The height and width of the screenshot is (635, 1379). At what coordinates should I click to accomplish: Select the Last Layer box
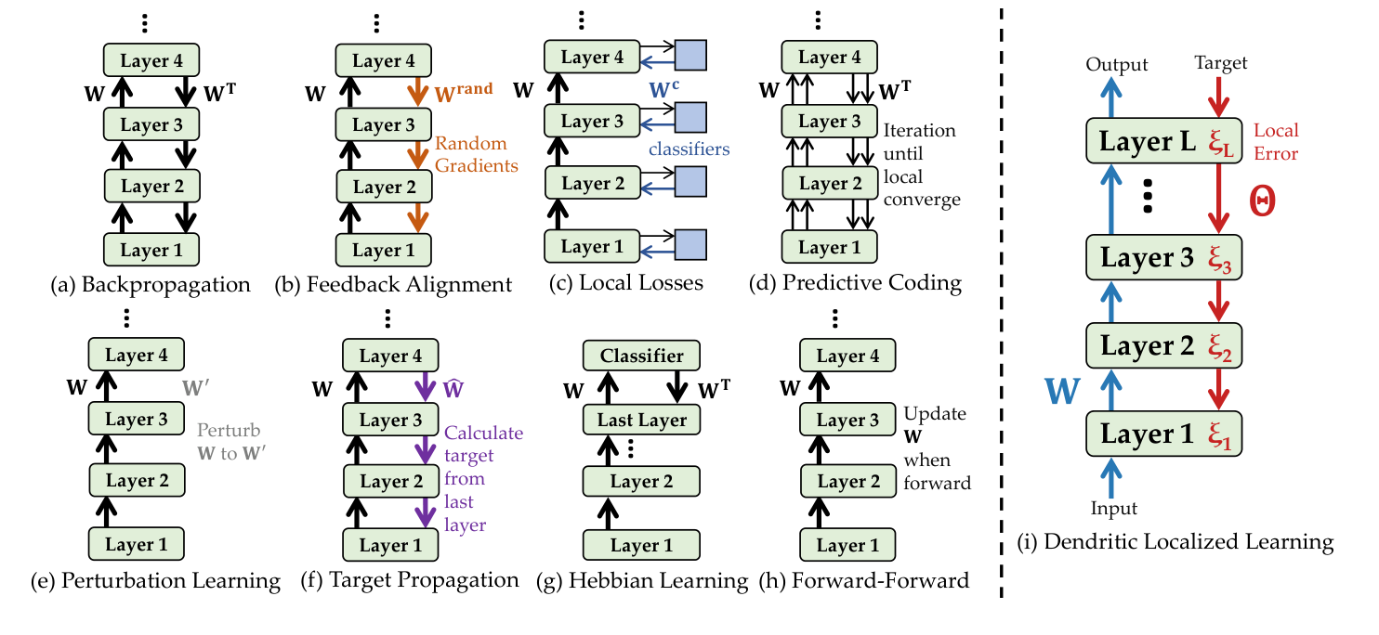pyautogui.click(x=641, y=419)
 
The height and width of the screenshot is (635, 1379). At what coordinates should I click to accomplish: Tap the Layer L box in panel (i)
pyautogui.click(x=1163, y=142)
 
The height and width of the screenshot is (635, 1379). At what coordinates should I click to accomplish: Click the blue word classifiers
pyautogui.click(x=688, y=149)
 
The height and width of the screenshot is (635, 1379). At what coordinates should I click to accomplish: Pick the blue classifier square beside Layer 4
pyautogui.click(x=690, y=56)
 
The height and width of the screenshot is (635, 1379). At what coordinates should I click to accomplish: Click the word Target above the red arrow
pyautogui.click(x=1221, y=63)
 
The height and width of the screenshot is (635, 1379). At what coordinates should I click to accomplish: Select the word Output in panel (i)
pyautogui.click(x=1118, y=64)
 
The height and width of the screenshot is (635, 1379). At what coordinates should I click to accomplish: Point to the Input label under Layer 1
pyautogui.click(x=1113, y=508)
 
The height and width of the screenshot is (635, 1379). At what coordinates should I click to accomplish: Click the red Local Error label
pyautogui.click(x=1276, y=141)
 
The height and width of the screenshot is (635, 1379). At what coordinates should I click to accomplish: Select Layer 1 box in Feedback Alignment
pyautogui.click(x=384, y=250)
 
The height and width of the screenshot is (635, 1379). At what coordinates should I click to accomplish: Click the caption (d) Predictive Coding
pyautogui.click(x=855, y=283)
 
